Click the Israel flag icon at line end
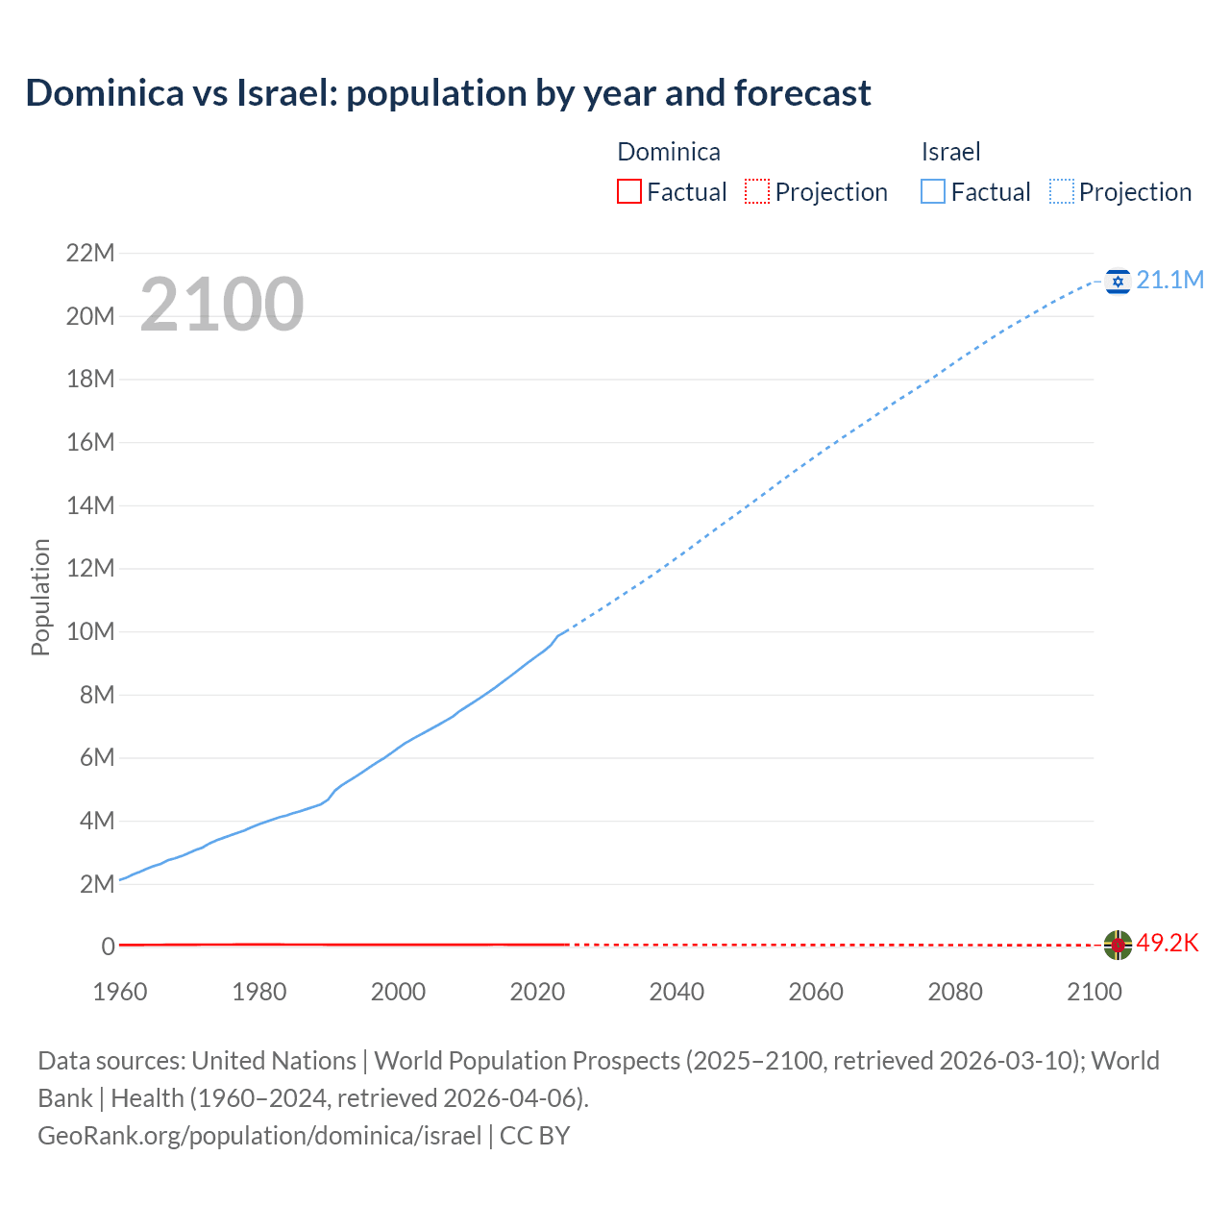(1118, 281)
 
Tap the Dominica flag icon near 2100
(1118, 945)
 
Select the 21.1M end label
(1169, 280)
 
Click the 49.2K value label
(1168, 943)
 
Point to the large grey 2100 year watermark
(222, 305)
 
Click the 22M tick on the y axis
(90, 254)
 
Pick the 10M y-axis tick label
(90, 631)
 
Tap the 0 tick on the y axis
(108, 947)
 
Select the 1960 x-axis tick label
(120, 992)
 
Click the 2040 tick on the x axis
(676, 992)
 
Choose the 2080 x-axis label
(955, 992)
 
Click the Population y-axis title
(40, 597)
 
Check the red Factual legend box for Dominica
(628, 191)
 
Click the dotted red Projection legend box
(757, 191)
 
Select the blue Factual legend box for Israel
(933, 191)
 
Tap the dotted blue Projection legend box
(1062, 191)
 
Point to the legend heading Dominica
(668, 152)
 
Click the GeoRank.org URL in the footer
(259, 1135)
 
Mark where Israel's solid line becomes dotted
(567, 630)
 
